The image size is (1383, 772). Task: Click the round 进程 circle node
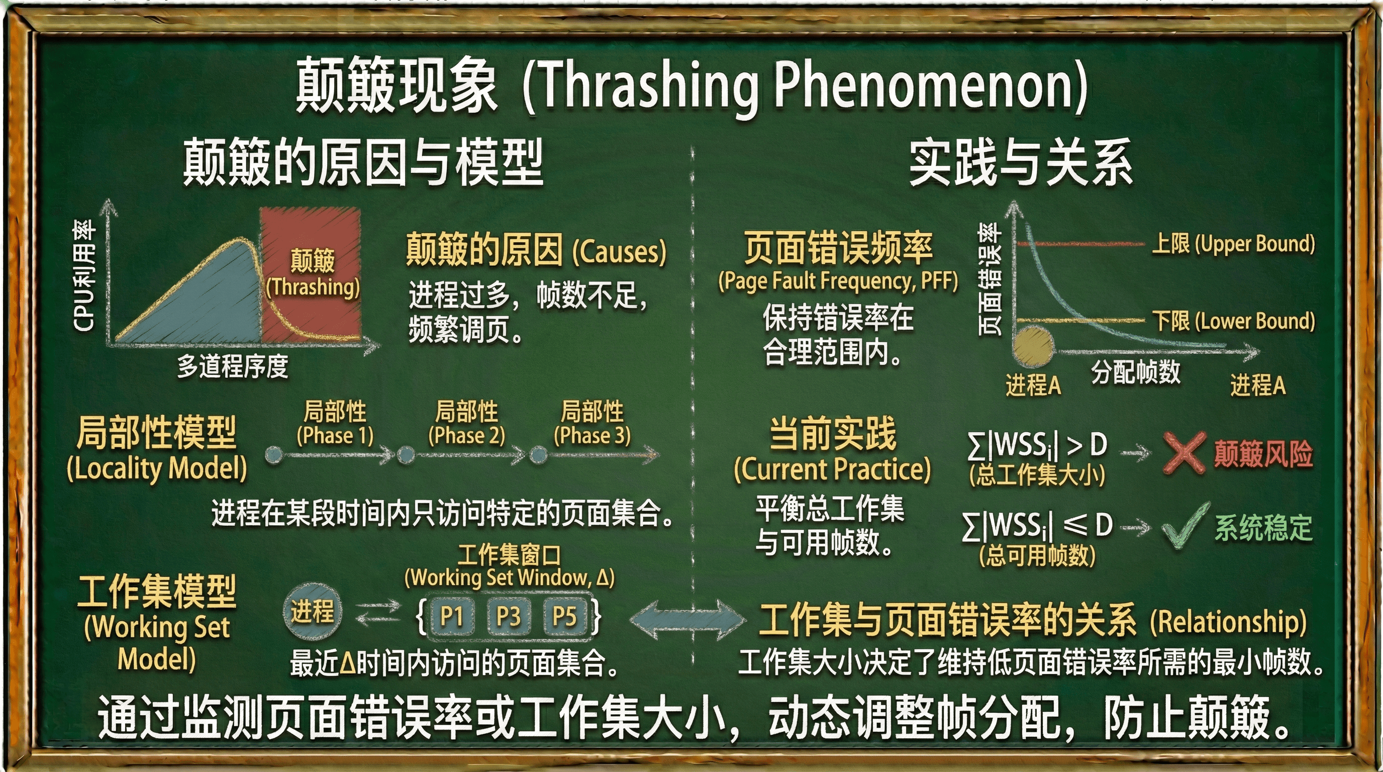click(312, 612)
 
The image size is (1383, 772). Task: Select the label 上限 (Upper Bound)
click(1233, 244)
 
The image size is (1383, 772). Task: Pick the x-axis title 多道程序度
click(233, 367)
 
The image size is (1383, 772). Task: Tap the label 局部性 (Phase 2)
click(466, 423)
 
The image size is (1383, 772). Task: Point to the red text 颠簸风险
click(1263, 454)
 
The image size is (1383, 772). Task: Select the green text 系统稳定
click(1263, 528)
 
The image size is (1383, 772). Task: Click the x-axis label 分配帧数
click(1136, 371)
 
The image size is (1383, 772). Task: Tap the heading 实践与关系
click(1021, 162)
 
